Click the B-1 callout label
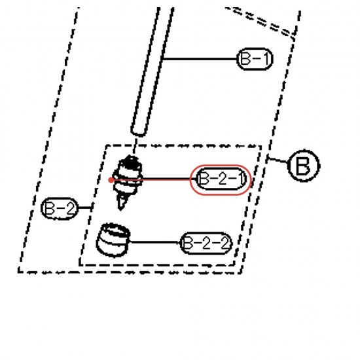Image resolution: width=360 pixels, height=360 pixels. click(x=255, y=59)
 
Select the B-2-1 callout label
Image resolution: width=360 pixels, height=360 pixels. click(x=221, y=179)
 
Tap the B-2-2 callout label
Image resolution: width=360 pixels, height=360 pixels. click(x=206, y=243)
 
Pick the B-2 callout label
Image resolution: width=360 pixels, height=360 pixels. click(x=60, y=208)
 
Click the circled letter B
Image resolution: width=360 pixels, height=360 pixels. click(x=304, y=166)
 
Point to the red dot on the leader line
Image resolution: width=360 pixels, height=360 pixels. click(x=111, y=180)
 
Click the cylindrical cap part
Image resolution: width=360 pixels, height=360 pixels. click(x=113, y=240)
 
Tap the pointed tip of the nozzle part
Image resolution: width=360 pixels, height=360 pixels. click(x=121, y=209)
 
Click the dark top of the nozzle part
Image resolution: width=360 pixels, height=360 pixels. click(x=130, y=162)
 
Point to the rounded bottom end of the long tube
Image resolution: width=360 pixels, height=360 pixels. click(x=139, y=133)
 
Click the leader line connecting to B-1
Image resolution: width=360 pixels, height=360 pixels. click(x=200, y=59)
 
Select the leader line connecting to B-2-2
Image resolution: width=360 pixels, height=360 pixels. click(x=155, y=242)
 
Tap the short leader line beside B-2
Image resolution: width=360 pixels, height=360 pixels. click(x=85, y=207)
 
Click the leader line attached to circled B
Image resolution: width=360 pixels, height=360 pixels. click(x=278, y=160)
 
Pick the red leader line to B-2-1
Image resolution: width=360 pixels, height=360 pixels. click(x=153, y=179)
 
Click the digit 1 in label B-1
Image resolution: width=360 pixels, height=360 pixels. click(x=266, y=58)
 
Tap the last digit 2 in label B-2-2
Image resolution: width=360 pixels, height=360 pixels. click(x=225, y=243)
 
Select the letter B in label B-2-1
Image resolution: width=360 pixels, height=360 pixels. click(x=204, y=179)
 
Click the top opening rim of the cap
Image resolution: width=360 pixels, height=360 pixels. click(x=115, y=230)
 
